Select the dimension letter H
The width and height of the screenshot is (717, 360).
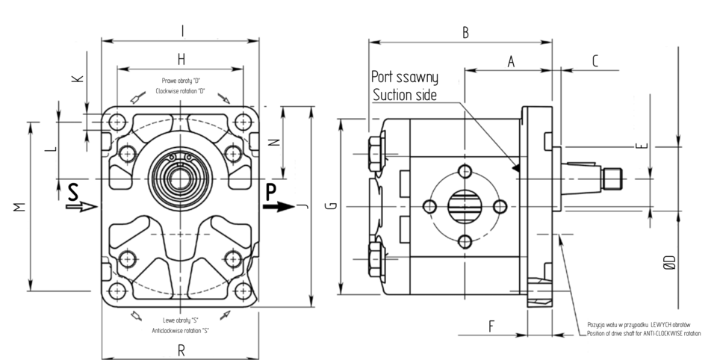(x=181, y=58)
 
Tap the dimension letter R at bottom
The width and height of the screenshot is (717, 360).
(x=181, y=349)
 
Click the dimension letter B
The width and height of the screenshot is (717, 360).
(x=465, y=32)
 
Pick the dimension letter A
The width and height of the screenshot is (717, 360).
(x=512, y=62)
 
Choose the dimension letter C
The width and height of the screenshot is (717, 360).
(x=595, y=61)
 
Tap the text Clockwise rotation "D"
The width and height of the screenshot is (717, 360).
(x=180, y=90)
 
